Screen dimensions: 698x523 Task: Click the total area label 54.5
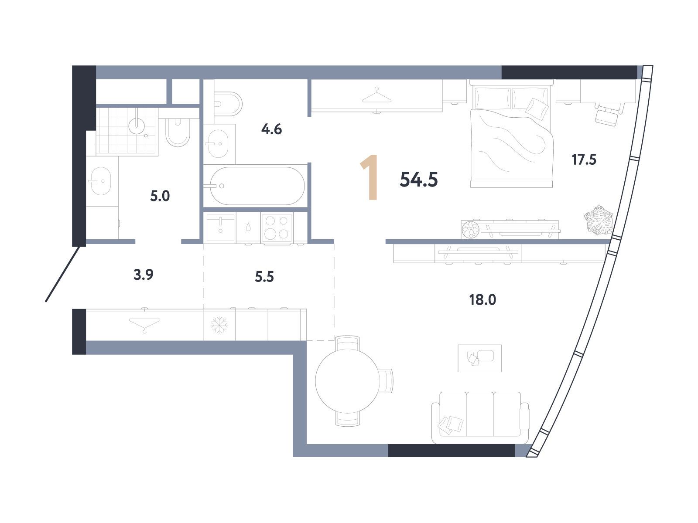418,180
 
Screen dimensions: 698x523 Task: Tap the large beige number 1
370,177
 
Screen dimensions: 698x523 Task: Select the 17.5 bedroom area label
584,160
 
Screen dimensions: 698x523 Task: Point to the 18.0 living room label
482,300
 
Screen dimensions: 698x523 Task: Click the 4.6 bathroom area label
271,129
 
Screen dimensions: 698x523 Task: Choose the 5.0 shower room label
160,196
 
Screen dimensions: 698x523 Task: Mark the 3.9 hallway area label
143,275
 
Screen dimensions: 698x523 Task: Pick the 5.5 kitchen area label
264,277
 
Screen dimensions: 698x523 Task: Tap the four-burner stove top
277,228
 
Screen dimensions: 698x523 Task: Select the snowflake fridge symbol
219,325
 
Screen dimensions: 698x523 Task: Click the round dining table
348,381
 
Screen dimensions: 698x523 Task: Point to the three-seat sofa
480,417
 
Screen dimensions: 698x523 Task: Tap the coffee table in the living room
479,358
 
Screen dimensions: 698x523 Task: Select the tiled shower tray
127,131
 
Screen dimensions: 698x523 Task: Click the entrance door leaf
62,274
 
